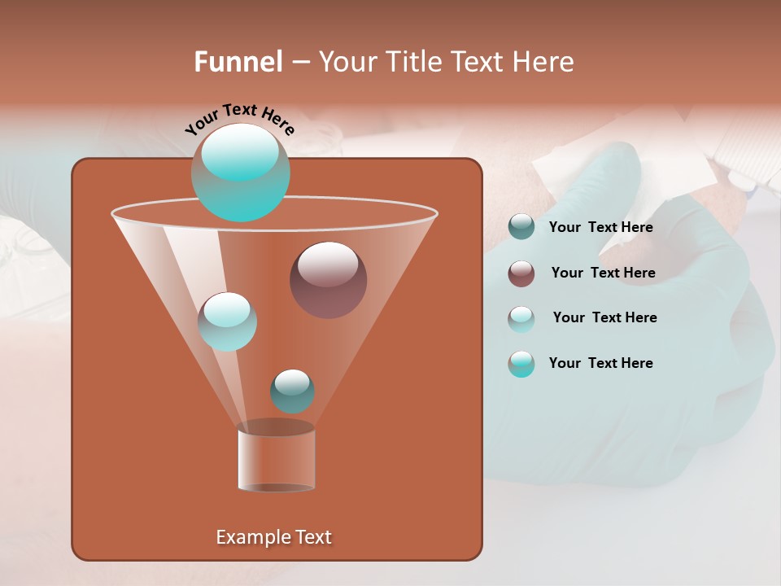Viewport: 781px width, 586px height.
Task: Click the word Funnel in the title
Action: [238, 62]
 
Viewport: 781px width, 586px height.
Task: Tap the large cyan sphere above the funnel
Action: [240, 173]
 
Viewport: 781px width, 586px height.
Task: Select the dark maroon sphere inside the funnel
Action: [328, 280]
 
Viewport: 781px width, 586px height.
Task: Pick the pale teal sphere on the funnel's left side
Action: [227, 321]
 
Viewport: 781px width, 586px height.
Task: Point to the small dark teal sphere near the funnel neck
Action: [292, 391]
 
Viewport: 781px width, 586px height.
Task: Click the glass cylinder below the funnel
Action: [276, 460]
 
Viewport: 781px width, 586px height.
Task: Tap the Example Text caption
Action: [273, 537]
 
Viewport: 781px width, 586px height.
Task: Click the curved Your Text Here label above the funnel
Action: [239, 118]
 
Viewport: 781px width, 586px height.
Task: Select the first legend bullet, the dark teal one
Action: [521, 227]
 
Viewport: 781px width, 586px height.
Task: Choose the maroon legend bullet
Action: [521, 273]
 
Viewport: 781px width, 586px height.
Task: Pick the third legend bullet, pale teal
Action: [521, 318]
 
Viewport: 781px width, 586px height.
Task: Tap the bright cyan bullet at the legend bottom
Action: [521, 364]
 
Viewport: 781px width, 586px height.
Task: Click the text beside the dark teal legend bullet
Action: [600, 228]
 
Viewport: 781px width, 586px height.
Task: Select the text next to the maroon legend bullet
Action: [603, 273]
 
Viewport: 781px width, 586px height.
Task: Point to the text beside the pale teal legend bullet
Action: [604, 318]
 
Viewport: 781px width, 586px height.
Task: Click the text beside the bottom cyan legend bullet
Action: [600, 364]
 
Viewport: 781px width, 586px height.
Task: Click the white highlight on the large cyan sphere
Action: [239, 152]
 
